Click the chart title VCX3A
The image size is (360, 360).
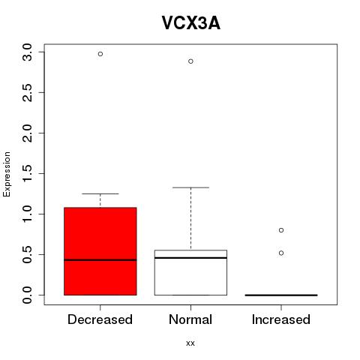click(x=191, y=23)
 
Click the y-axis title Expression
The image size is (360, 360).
click(x=7, y=174)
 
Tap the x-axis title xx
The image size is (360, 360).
click(x=190, y=343)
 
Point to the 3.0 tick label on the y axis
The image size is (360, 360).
click(x=27, y=52)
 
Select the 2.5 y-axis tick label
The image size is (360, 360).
click(x=27, y=93)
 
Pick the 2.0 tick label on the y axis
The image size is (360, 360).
click(x=27, y=133)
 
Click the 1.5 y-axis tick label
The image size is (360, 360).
click(x=27, y=174)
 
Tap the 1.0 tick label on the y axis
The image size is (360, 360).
click(x=27, y=214)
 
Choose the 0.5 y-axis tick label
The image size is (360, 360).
click(x=27, y=255)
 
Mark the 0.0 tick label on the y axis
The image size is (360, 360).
click(x=27, y=295)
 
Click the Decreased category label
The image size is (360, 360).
click(x=100, y=319)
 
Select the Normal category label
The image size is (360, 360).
click(x=190, y=319)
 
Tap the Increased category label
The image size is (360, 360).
click(x=281, y=319)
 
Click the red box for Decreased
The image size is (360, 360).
click(x=100, y=251)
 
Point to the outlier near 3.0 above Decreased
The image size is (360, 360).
click(x=100, y=54)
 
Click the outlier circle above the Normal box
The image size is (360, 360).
click(x=190, y=61)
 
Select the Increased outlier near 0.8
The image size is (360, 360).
click(x=281, y=230)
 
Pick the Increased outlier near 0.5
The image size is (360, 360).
click(x=281, y=253)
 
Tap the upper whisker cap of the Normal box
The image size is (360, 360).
click(x=190, y=187)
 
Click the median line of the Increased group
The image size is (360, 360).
click(x=281, y=295)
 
